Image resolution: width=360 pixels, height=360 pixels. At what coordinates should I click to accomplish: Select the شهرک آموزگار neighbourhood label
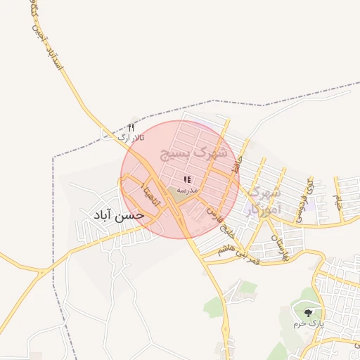(x=265, y=199)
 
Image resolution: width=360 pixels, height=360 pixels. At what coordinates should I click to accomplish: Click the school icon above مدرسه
(x=187, y=180)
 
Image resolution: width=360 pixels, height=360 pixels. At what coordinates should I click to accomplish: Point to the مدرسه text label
(x=187, y=190)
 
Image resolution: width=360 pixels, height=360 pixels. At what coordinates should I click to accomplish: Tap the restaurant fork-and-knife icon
(x=130, y=127)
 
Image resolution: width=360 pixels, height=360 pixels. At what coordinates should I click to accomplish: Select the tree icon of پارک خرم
(x=307, y=312)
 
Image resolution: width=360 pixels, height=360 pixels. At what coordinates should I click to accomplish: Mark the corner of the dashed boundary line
(x=54, y=156)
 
